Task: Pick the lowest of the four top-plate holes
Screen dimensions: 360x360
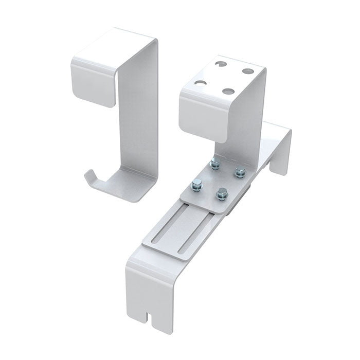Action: [x=227, y=91]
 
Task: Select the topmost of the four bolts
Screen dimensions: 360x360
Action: [x=213, y=164]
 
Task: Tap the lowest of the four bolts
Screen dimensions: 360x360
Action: [x=221, y=193]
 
